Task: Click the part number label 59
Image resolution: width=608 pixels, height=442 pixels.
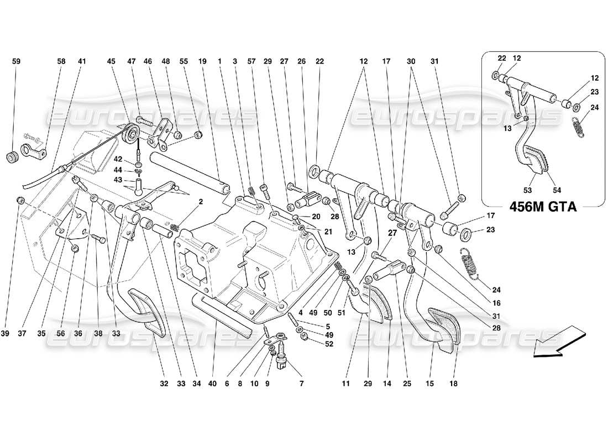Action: point(16,62)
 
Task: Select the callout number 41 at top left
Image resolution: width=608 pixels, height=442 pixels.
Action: point(82,62)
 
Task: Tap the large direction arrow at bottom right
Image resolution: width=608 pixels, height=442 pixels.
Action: point(558,343)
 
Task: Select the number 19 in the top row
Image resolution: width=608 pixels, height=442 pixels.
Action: point(202,62)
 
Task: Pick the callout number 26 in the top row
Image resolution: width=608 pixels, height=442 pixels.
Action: point(301,62)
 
